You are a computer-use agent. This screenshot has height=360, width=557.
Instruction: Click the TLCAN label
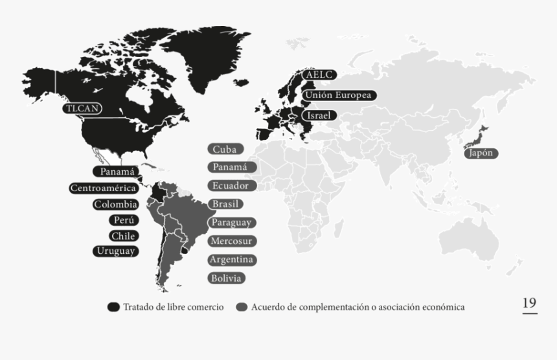coord(83,108)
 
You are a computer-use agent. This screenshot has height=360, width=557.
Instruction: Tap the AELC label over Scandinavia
coord(319,75)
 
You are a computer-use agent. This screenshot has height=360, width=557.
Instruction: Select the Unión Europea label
coord(339,95)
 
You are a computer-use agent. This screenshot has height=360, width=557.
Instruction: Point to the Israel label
coord(319,115)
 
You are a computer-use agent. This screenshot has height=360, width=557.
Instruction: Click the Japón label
coord(481,153)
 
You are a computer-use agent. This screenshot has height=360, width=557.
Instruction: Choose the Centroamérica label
coord(104,188)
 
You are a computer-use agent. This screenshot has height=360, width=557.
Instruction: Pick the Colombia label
coord(115,204)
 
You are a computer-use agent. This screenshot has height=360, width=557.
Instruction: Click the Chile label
coord(122,236)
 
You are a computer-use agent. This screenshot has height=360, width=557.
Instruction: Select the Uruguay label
coord(115,251)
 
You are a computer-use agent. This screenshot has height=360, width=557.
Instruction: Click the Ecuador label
coord(230,185)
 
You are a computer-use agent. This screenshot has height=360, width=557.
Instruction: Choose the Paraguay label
coord(231,223)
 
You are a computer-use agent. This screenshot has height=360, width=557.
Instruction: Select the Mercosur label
coord(232,241)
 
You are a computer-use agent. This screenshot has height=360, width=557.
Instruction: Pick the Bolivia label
coord(226,278)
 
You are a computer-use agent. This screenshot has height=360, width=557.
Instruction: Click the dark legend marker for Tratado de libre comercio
coord(113,307)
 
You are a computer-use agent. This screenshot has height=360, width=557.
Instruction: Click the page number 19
coord(529,303)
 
